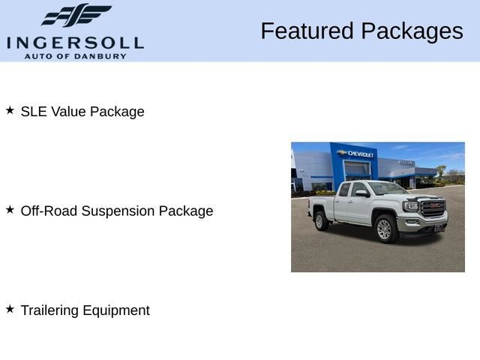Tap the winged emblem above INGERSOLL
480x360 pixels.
point(76,16)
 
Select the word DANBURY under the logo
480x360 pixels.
point(107,56)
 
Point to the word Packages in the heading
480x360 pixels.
point(411,31)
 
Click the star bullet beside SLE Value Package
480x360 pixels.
point(10,110)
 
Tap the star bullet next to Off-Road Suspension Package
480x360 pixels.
point(10,210)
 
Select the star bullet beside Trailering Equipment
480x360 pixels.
point(10,309)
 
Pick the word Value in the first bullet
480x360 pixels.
point(68,112)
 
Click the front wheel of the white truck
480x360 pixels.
point(385,229)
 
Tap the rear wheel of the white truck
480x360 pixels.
point(321,220)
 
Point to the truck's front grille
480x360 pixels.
point(433,208)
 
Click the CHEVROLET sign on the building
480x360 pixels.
point(360,153)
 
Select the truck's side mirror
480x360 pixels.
point(362,193)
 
